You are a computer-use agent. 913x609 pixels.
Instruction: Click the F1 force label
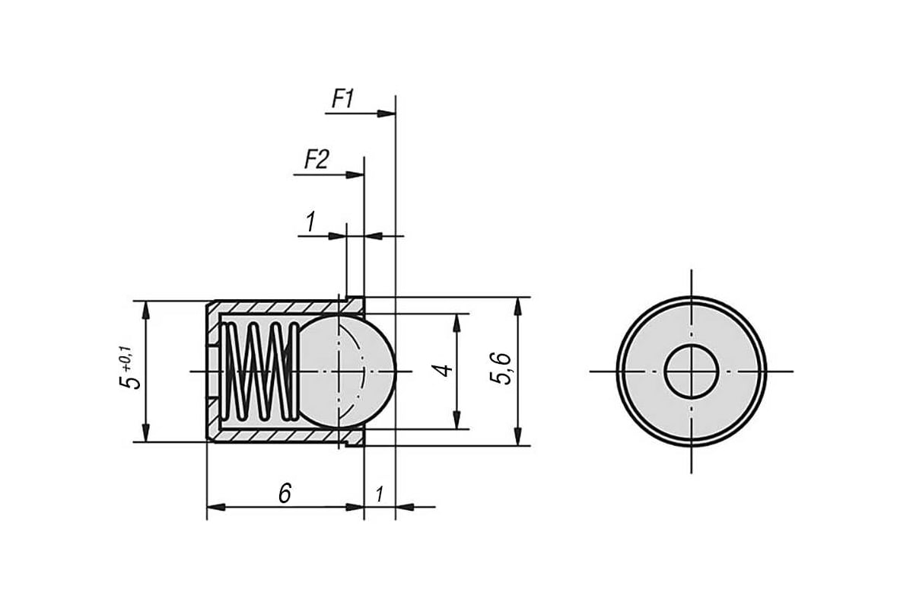coord(343,99)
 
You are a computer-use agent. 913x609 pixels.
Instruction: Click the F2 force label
coord(317,160)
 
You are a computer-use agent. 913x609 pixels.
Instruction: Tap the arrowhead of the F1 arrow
coord(387,113)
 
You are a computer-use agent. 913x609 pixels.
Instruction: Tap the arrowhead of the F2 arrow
coord(355,175)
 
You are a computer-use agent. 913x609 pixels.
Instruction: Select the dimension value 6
coord(285,493)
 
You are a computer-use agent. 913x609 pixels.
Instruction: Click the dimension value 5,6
coord(501,368)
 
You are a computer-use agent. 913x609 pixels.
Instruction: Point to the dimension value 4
coord(444,371)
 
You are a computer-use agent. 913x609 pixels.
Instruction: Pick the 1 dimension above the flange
coord(310,222)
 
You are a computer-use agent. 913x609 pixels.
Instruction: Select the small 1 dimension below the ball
coord(380,494)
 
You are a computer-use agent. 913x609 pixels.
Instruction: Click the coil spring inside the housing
coord(259,371)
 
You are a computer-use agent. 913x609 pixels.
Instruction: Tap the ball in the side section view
coord(346,371)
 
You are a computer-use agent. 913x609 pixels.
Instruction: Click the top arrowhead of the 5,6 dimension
coord(518,306)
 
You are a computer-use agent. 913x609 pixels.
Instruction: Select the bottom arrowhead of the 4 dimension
coord(457,420)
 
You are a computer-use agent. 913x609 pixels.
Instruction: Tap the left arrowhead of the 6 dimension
coord(216,507)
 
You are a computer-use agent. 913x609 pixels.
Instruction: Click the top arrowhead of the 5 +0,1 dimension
coord(145,310)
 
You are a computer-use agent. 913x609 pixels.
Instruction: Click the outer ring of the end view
coord(617,371)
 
